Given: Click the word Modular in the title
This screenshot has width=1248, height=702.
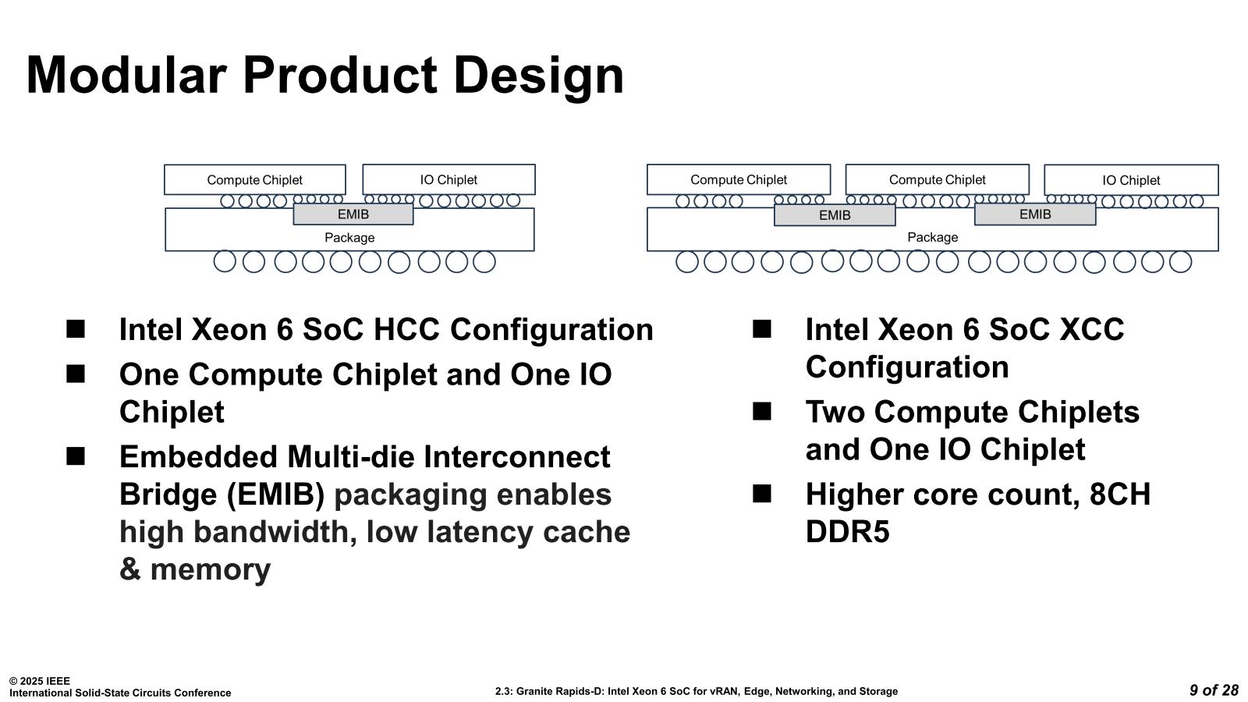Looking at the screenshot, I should click(x=126, y=76).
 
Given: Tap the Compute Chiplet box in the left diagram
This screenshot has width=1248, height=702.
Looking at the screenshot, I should click(x=254, y=180).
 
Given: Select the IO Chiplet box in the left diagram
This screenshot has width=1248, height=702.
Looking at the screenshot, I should click(x=448, y=180).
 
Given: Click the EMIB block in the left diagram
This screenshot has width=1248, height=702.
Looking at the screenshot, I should click(x=353, y=214).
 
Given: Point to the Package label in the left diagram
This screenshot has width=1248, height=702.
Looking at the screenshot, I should click(x=349, y=238).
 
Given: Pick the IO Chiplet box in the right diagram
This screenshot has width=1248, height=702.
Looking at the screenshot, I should click(x=1131, y=180).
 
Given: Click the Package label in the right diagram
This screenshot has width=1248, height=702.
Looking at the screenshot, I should click(x=932, y=237).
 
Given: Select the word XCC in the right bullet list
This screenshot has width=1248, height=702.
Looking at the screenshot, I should click(x=1090, y=330).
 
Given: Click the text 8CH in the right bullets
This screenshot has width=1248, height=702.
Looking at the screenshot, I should click(x=1119, y=495).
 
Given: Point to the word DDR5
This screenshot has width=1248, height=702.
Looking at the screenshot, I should click(x=847, y=533).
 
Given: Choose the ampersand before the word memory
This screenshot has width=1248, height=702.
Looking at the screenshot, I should click(x=130, y=570).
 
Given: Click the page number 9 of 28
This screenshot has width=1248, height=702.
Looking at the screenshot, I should click(x=1214, y=690).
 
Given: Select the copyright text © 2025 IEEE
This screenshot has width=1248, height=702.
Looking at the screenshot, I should click(x=40, y=681).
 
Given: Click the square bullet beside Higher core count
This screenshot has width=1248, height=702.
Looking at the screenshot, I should click(x=762, y=494).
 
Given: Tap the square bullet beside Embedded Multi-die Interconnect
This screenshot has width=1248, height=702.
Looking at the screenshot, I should click(x=76, y=456).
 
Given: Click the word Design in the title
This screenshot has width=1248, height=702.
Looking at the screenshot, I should click(x=538, y=76).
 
